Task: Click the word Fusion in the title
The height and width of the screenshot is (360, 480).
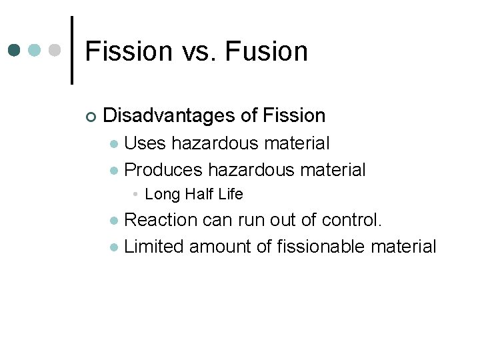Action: [x=269, y=51]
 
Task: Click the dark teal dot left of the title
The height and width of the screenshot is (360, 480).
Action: [x=15, y=51]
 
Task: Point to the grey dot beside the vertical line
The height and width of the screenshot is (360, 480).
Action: [x=56, y=51]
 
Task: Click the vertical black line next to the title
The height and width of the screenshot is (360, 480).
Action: [x=72, y=51]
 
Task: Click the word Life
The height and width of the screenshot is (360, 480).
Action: [x=231, y=195]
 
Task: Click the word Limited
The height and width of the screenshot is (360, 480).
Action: [x=155, y=247]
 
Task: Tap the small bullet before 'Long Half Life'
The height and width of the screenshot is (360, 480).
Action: [x=135, y=195]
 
